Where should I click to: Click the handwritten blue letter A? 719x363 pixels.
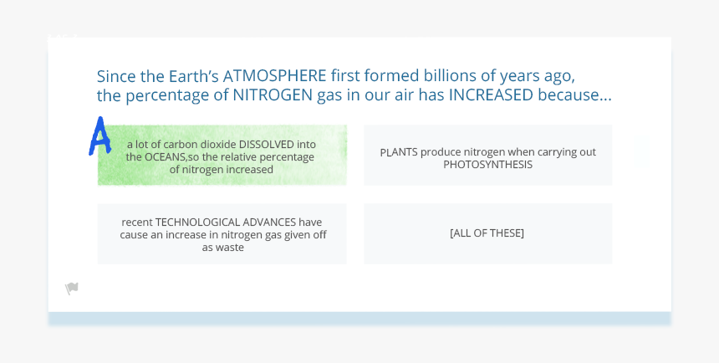tap(99, 136)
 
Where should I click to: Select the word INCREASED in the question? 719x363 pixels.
tap(491, 95)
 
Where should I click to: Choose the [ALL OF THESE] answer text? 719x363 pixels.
tap(487, 233)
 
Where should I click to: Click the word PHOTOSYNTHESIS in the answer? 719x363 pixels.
tap(487, 165)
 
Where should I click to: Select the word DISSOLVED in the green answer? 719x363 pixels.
tap(278, 144)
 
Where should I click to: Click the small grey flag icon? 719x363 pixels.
tap(72, 289)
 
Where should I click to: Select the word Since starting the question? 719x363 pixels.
tap(115, 76)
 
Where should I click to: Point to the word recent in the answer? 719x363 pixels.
tap(137, 222)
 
